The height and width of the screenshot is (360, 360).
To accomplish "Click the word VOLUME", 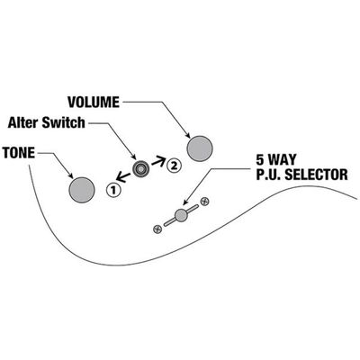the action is click(x=94, y=103).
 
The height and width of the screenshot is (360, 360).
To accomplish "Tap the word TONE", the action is click(x=19, y=153).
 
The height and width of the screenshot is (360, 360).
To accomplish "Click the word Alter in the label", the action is click(x=23, y=122).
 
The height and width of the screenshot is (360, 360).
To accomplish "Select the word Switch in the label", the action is click(x=64, y=122).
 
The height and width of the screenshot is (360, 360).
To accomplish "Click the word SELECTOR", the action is click(x=316, y=175).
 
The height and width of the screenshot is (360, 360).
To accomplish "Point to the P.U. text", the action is click(x=268, y=175).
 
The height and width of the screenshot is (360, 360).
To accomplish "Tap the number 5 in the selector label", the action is click(x=260, y=159).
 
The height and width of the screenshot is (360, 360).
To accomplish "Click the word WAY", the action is click(x=282, y=159).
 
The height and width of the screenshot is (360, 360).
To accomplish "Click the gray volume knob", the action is click(x=200, y=148).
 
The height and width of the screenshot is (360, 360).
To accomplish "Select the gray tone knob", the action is click(x=82, y=190).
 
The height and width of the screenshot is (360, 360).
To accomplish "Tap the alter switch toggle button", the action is click(x=140, y=168).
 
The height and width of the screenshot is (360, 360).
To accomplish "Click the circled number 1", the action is click(x=113, y=189).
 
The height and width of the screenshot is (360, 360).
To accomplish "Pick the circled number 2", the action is click(x=174, y=165).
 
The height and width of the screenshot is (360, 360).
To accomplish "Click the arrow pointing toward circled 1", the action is click(x=123, y=177).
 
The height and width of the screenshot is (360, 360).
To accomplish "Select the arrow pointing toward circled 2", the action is click(x=158, y=161).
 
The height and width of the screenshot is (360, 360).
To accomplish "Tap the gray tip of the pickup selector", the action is click(x=181, y=215).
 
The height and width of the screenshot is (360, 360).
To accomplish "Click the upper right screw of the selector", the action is click(x=204, y=202).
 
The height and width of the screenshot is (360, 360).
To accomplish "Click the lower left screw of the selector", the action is click(x=157, y=229).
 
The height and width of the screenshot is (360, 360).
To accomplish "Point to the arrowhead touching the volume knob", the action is click(x=187, y=136).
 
